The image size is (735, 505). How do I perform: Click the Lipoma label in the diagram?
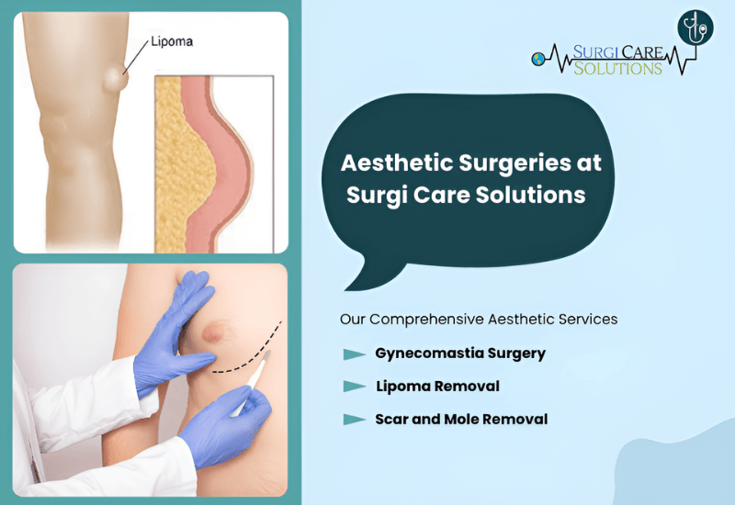click(x=172, y=41)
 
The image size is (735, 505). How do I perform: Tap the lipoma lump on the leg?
click(x=116, y=80)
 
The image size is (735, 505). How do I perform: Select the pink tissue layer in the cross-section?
click(x=220, y=164)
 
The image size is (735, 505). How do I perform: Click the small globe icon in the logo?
click(x=538, y=59)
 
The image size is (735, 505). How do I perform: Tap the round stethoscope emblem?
click(x=695, y=28)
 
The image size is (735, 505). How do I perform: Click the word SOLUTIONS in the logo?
click(x=617, y=68)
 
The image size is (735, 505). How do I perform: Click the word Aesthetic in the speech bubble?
click(x=397, y=163)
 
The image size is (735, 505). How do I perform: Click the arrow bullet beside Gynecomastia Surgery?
click(x=355, y=354)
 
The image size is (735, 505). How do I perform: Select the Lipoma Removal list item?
click(x=438, y=387)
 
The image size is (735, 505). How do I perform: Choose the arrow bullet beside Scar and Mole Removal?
click(x=355, y=420)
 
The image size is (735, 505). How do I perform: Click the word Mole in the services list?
click(x=462, y=420)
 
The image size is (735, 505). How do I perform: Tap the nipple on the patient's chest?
click(x=212, y=332)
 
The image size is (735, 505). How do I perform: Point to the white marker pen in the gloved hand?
click(x=252, y=383)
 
